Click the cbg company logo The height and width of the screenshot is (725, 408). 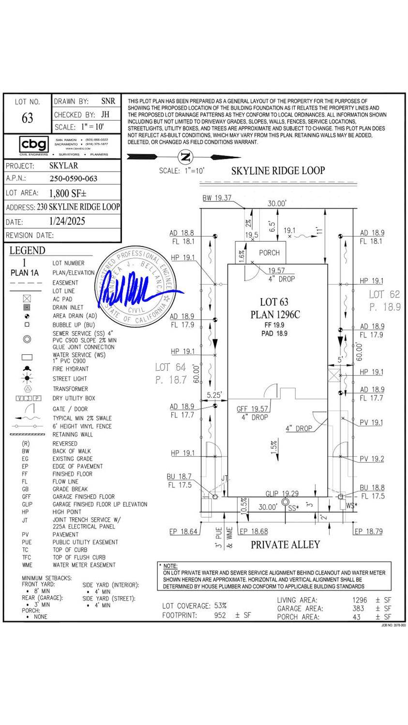(x=34, y=144)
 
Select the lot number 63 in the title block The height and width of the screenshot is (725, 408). (x=27, y=118)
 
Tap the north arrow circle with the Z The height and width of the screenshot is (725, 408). (x=185, y=156)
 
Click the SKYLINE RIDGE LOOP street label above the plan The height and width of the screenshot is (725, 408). (x=278, y=170)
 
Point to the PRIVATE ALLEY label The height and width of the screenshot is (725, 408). (x=285, y=544)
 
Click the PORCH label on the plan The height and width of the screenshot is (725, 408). (x=269, y=253)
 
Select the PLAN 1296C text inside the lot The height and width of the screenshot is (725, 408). (x=275, y=315)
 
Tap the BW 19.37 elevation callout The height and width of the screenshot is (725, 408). (x=217, y=198)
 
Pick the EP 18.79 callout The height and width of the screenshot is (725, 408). (x=368, y=531)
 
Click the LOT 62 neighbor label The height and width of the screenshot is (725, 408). (x=384, y=294)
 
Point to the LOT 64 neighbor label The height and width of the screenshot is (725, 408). (x=170, y=368)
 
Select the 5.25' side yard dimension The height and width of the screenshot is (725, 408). (x=214, y=395)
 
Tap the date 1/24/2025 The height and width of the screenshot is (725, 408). (x=67, y=221)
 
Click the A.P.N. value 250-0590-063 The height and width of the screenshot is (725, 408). (x=74, y=179)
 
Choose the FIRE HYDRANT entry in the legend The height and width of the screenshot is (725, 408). (x=71, y=369)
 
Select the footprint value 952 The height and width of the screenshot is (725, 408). (x=220, y=616)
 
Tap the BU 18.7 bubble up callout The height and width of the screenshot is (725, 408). (x=179, y=477)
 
